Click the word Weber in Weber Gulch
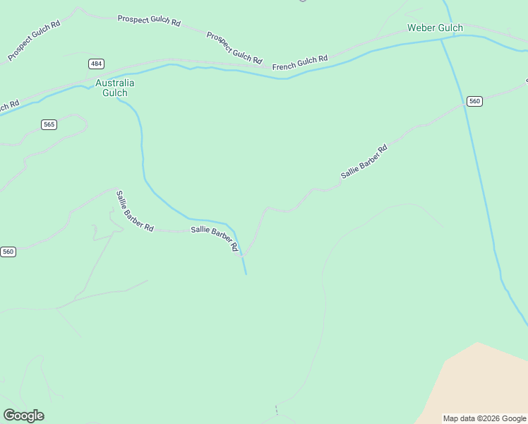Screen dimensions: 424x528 [421, 28]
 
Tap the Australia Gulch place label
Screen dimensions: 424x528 [114, 88]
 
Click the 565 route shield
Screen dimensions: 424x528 [49, 124]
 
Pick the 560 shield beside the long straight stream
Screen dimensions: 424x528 [474, 101]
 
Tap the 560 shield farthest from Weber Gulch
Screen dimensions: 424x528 [8, 252]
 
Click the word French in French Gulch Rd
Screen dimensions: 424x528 [284, 66]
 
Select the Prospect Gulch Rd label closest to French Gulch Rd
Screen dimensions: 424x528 [234, 47]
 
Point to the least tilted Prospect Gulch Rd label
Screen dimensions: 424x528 [149, 20]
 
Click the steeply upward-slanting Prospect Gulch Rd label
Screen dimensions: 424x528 [34, 40]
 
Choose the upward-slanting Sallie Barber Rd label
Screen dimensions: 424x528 [364, 162]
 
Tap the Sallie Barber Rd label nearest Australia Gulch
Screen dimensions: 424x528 [134, 211]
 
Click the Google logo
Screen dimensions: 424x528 [23, 416]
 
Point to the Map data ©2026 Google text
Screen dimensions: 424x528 [484, 418]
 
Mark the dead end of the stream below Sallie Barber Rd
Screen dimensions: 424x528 [246, 273]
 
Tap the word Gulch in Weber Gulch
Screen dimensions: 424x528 [450, 28]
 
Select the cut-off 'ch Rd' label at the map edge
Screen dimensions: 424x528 [8, 107]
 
